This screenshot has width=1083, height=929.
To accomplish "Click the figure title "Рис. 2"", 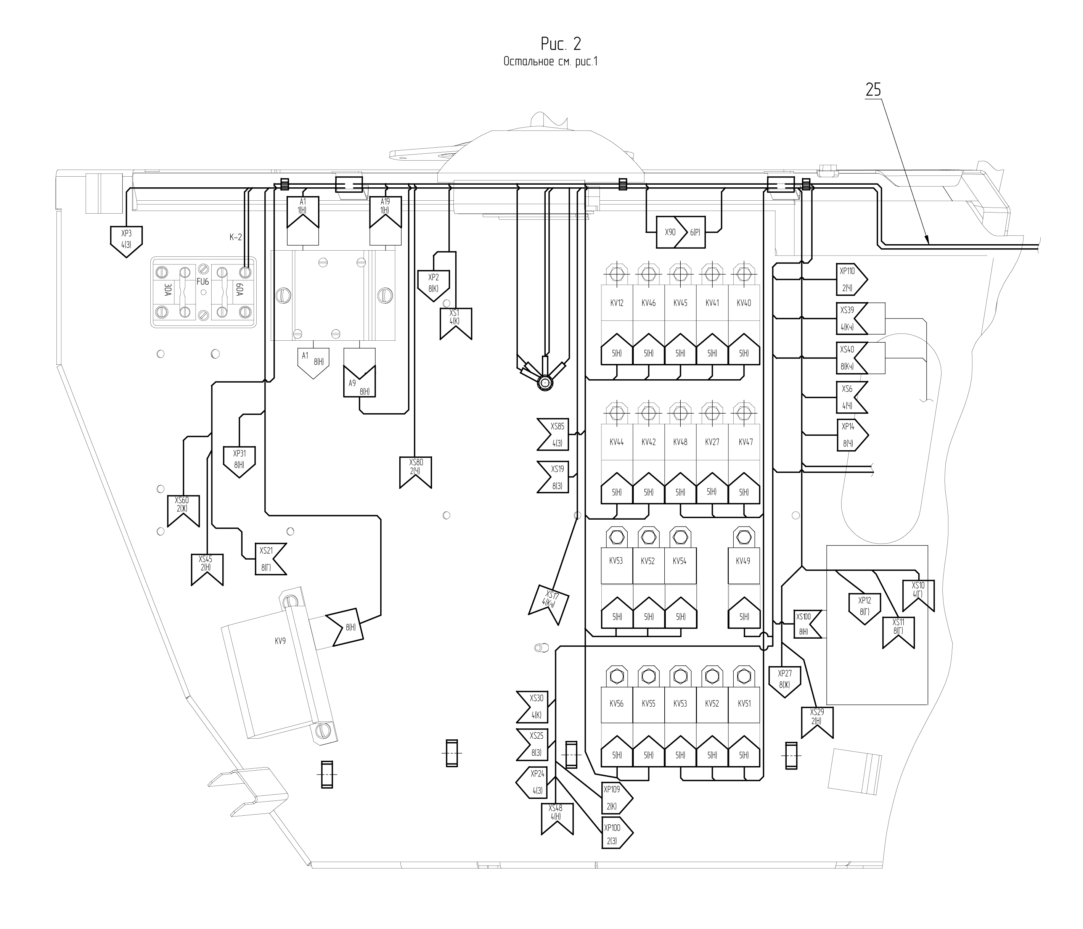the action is [561, 44].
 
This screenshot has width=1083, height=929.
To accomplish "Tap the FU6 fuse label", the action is [203, 281].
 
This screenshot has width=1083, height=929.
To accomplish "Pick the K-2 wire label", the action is [236, 237].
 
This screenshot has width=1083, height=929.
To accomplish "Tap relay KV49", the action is [743, 561].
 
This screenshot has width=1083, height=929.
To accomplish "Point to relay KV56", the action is [617, 704].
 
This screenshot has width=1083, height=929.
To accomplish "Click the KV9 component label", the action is [281, 641].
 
